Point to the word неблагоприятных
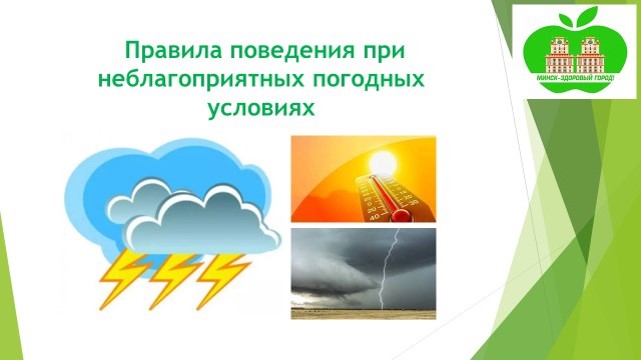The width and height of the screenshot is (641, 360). (x=202, y=81)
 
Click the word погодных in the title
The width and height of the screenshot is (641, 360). (x=368, y=80)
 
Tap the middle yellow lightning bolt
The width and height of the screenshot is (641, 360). (x=174, y=281)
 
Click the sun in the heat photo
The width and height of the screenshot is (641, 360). (x=383, y=163)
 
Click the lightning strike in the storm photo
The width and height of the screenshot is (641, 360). (x=388, y=268)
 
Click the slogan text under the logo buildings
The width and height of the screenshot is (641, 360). (x=575, y=77)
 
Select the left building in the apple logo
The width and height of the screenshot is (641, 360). (x=558, y=56)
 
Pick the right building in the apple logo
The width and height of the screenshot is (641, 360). (x=590, y=56)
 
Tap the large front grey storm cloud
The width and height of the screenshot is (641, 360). (x=202, y=224)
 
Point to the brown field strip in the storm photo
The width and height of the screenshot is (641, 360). (x=363, y=314)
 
